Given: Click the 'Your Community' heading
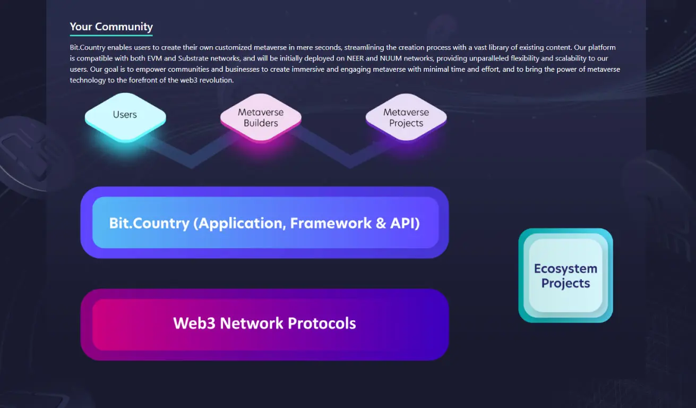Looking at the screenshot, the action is point(111,27).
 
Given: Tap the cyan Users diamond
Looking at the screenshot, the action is point(125,117).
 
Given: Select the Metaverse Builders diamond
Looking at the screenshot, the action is point(261,118).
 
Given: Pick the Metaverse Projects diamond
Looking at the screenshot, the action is point(406,117).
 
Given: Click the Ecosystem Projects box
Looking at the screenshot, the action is point(565,276).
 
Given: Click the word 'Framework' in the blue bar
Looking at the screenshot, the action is point(331,223).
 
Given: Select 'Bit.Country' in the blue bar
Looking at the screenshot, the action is point(149,223).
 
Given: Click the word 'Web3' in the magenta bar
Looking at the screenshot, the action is point(194,323).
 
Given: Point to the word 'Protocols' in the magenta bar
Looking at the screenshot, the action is point(322,323).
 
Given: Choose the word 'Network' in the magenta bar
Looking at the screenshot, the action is point(251,323).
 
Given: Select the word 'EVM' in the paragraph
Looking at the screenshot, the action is point(154,58).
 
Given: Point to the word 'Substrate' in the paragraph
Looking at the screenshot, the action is point(193,58).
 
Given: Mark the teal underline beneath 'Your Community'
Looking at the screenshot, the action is point(111,35).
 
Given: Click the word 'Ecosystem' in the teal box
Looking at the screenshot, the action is point(565,268).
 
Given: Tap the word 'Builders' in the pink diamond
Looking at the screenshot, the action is point(261,123).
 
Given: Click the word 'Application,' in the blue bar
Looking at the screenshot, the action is point(239,224).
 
